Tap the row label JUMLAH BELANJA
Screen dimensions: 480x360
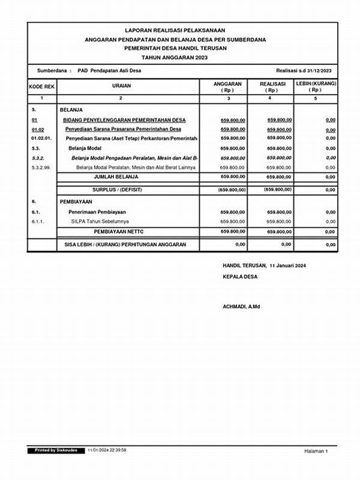tap(116, 177)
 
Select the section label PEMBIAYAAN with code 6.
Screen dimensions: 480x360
tap(75, 202)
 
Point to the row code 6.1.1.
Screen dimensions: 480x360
tap(38, 221)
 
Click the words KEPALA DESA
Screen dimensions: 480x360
tap(239, 277)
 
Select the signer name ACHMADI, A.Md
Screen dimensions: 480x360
tap(241, 307)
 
